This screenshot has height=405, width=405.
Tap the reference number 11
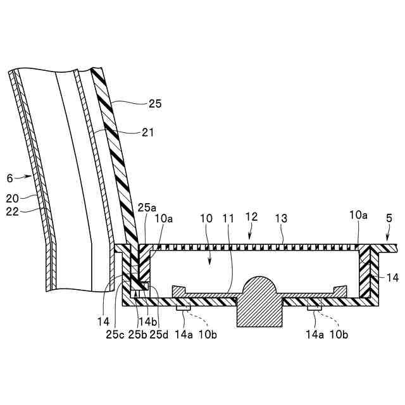228,218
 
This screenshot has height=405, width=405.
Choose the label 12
252,217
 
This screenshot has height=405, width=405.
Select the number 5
389,218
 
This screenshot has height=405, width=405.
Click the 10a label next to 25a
163,218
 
